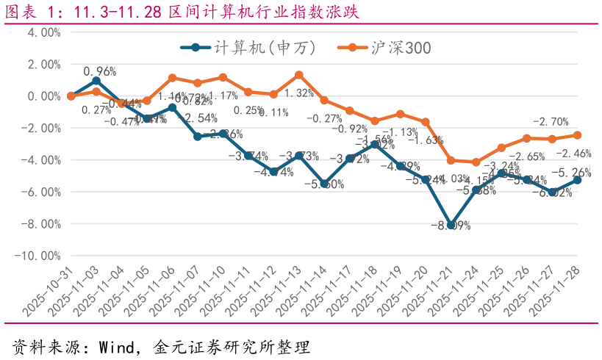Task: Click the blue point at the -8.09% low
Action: point(451,225)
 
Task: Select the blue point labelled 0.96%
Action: point(96,81)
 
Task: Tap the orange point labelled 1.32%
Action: point(298,75)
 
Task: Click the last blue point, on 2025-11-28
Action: point(577,180)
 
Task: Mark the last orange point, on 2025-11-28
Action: point(577,135)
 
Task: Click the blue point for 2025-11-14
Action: point(324,184)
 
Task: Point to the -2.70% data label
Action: point(550,122)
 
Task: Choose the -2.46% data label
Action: point(573,154)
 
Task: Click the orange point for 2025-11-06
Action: point(172,78)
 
